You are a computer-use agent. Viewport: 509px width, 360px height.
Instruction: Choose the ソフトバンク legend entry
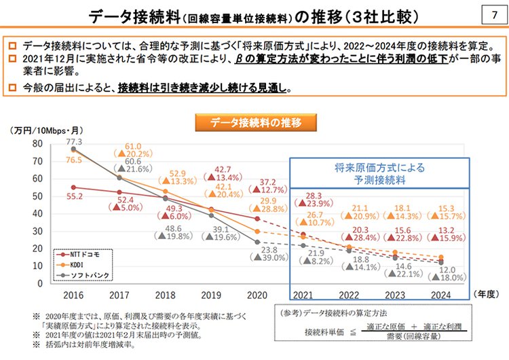coord(87,274)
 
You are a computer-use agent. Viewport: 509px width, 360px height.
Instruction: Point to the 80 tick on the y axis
coord(36,143)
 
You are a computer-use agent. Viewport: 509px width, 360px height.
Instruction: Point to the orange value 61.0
coord(132,147)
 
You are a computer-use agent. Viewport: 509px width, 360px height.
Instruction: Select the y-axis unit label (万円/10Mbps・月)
coord(39,130)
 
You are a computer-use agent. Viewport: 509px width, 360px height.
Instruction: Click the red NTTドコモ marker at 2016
coord(73,187)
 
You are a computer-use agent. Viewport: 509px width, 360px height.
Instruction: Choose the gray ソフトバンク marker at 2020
coord(258,241)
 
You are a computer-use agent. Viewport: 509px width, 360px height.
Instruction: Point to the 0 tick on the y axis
coord(39,283)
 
